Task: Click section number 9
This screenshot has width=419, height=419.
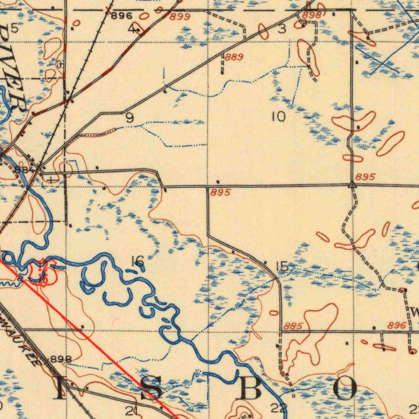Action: tap(129, 118)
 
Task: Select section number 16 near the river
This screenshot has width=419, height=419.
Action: tap(137, 260)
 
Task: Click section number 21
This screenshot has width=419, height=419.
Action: tap(132, 410)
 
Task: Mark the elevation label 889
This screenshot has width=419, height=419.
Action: tap(234, 57)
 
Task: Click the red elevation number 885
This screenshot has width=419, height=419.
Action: tap(293, 326)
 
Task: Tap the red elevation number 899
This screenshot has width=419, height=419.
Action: tap(180, 16)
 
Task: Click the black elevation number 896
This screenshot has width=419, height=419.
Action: tap(122, 16)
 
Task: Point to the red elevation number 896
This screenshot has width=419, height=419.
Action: tap(397, 326)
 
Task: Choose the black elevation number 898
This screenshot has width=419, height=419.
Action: tap(61, 359)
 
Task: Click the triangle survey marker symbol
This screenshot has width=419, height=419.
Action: tap(352, 185)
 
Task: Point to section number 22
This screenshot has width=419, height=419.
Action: tap(279, 408)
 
